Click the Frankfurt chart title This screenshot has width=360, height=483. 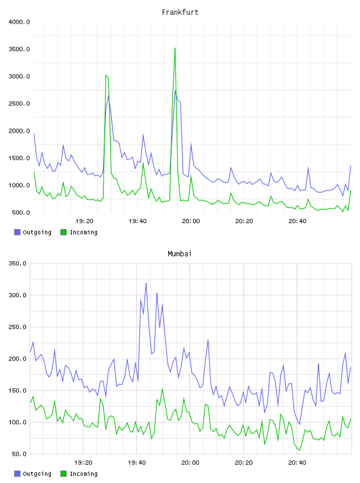[180, 12]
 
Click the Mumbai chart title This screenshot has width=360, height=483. [179, 254]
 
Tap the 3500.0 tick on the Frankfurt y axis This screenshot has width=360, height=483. [19, 49]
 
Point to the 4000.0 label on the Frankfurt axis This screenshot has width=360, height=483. [19, 22]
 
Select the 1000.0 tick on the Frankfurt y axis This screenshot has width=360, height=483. [19, 185]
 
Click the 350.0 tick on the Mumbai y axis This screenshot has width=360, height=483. [18, 263]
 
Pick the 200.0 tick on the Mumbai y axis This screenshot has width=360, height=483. [18, 359]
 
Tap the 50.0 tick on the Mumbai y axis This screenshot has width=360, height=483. [19, 454]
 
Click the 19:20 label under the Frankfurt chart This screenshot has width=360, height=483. [84, 221]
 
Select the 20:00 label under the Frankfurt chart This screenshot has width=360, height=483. [191, 221]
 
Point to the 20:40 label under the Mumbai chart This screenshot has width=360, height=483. [297, 463]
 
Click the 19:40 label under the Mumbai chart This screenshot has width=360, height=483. [137, 463]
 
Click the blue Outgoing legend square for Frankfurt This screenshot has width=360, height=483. [17, 232]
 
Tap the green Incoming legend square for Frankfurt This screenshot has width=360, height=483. [63, 232]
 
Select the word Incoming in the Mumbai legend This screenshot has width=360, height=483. [83, 474]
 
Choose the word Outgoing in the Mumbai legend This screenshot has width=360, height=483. [37, 474]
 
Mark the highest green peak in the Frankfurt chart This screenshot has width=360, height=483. [175, 48]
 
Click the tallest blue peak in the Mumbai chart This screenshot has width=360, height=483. [146, 284]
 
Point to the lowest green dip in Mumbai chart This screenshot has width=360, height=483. [299, 450]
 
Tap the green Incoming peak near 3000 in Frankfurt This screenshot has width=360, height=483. [106, 75]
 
